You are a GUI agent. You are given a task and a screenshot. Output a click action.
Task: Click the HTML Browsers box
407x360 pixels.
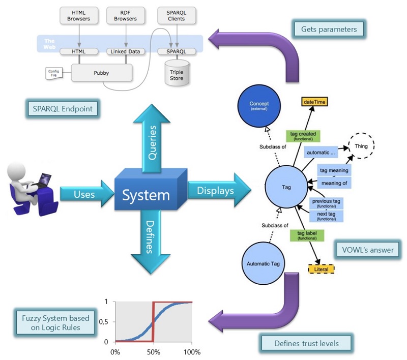tap(79, 15)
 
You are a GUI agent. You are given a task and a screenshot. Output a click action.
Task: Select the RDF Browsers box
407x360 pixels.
tap(126, 15)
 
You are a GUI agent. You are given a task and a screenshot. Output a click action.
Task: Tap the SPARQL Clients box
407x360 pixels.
tap(176, 15)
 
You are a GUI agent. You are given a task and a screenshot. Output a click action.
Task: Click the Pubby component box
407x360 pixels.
tap(101, 73)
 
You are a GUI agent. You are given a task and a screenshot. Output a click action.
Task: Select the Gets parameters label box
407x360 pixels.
tap(329, 29)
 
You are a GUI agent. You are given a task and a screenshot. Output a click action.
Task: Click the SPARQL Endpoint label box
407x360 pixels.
tap(63, 108)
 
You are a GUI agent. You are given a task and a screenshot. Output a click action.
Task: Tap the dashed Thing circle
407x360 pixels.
tap(361, 146)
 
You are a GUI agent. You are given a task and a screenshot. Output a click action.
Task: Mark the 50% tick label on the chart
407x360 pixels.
tap(154, 352)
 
